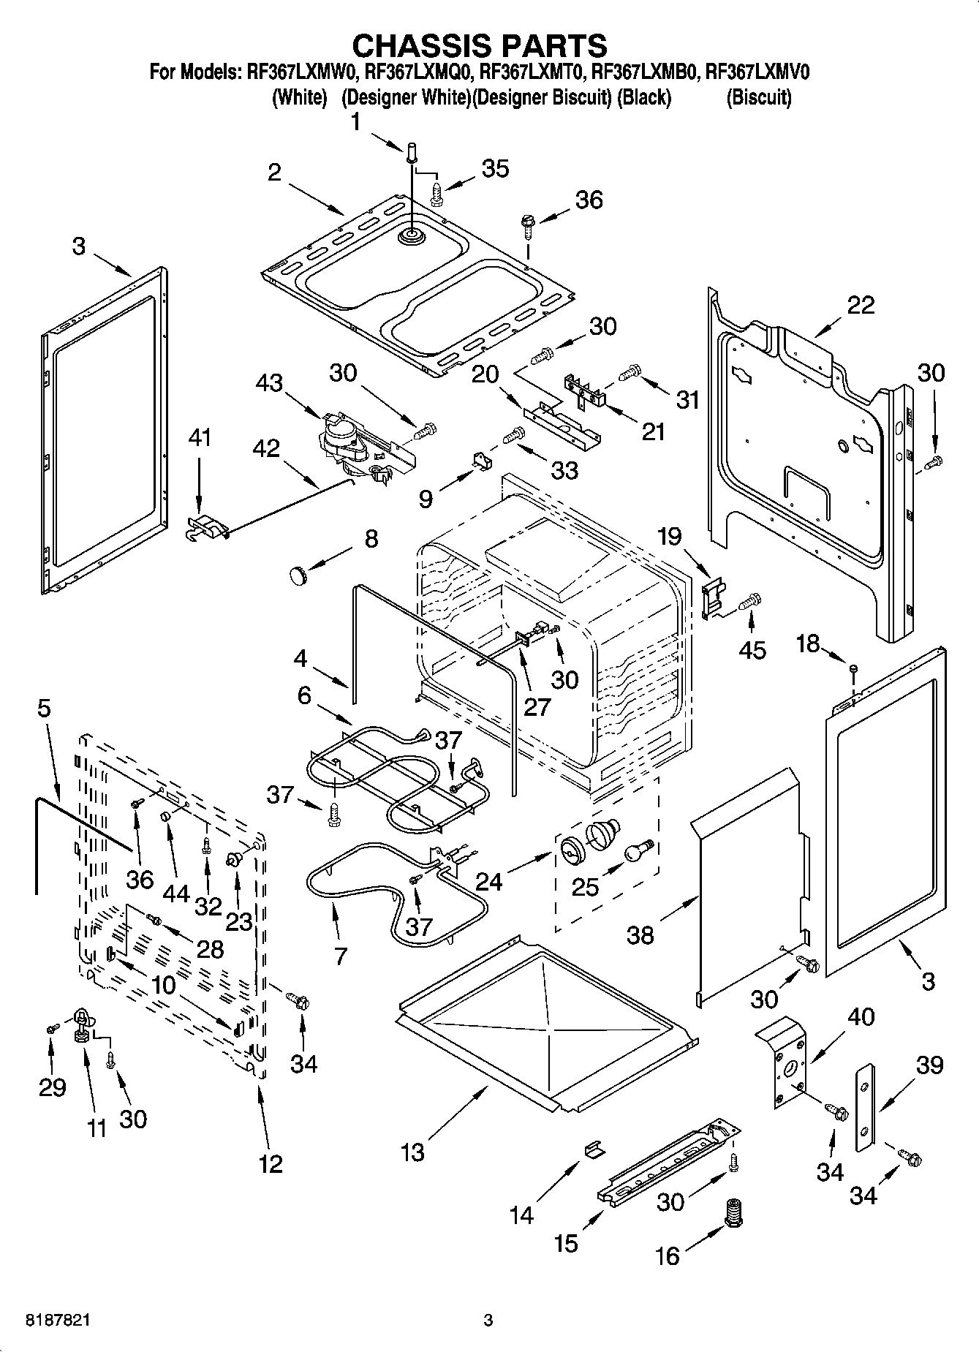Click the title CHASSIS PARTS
click(479, 45)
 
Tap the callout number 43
click(270, 383)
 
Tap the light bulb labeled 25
click(636, 850)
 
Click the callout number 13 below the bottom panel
click(412, 1152)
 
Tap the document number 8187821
click(58, 1321)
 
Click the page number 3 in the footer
click(488, 1321)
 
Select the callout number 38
click(640, 935)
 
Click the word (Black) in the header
click(643, 97)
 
